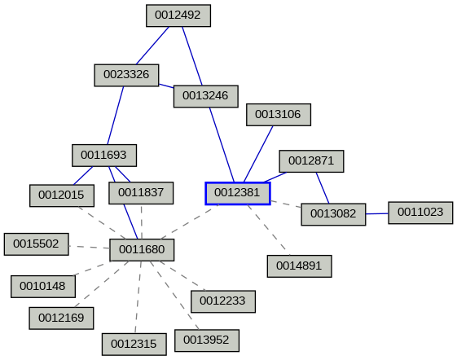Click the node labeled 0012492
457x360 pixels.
click(178, 15)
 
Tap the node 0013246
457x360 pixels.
click(205, 96)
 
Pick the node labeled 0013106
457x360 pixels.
click(279, 115)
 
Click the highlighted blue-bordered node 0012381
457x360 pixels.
click(237, 193)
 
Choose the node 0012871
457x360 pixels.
click(311, 160)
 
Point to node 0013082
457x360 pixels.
click(333, 214)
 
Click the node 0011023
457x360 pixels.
click(420, 213)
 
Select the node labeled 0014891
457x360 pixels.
click(299, 266)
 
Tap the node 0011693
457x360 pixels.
click(103, 154)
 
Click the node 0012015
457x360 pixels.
click(61, 195)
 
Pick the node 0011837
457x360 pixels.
click(141, 194)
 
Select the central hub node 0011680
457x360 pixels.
click(142, 250)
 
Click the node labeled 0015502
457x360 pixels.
click(37, 244)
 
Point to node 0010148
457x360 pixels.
click(43, 286)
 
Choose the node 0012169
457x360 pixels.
click(61, 318)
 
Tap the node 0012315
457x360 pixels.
click(134, 345)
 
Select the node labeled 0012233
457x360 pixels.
click(222, 301)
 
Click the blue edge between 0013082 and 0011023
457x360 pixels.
click(376, 213)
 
